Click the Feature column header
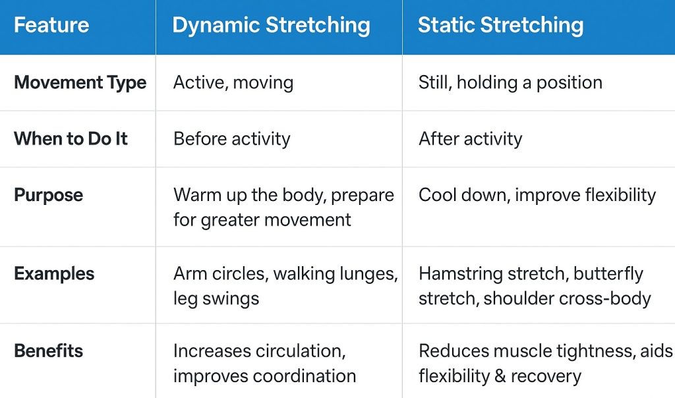click(x=51, y=25)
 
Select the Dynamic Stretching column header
click(x=271, y=25)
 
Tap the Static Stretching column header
click(x=500, y=25)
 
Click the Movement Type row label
click(x=80, y=82)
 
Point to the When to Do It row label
click(x=71, y=139)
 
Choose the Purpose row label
click(x=48, y=195)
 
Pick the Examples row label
click(x=54, y=273)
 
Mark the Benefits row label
click(x=48, y=351)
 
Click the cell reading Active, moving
click(x=233, y=82)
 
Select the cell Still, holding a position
click(x=510, y=82)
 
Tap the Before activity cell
click(x=231, y=139)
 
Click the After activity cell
click(x=470, y=139)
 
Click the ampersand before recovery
click(x=500, y=376)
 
